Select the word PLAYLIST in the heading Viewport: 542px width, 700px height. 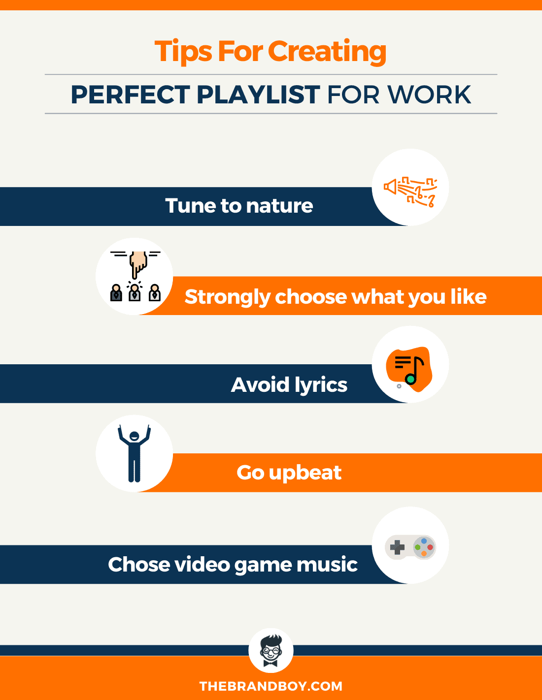(x=258, y=95)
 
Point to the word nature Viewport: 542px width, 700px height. (x=279, y=206)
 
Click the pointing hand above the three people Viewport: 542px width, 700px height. (x=138, y=263)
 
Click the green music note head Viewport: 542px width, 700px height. (x=410, y=379)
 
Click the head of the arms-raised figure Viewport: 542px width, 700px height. (x=134, y=436)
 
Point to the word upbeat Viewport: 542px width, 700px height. (x=305, y=473)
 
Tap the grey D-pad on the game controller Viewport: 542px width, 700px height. (x=397, y=547)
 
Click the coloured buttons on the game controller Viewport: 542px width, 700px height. (x=424, y=547)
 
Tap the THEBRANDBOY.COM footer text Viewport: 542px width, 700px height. (x=271, y=686)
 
